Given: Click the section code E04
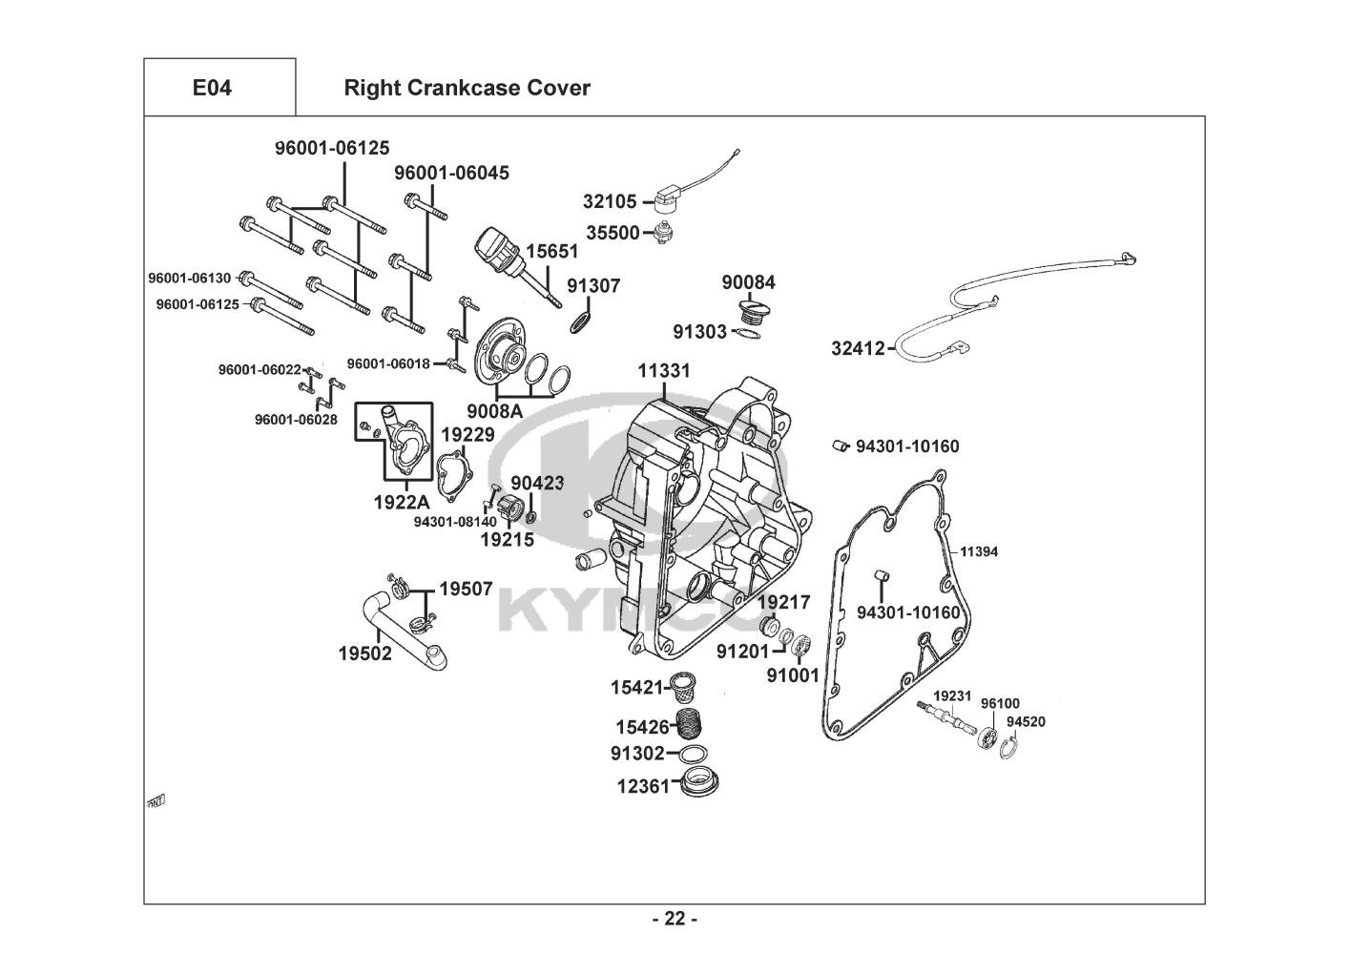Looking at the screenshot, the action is [x=212, y=88].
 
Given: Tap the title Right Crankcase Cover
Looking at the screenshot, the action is [x=467, y=88].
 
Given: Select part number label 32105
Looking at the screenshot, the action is [x=610, y=201].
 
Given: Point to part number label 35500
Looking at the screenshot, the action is [x=613, y=233].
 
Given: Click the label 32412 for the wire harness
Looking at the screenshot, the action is [x=859, y=348].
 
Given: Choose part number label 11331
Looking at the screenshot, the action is [x=664, y=371].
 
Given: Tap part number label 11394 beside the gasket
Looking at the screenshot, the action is [x=979, y=551].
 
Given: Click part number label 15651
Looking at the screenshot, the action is [x=552, y=251].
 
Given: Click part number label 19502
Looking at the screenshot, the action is [x=365, y=653].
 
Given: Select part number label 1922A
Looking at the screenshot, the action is [x=402, y=502].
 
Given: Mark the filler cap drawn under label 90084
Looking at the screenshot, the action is [x=750, y=313].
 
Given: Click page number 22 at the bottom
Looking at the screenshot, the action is [x=675, y=919].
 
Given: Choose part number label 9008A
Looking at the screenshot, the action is [x=495, y=411].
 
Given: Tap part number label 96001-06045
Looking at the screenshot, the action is [x=452, y=173].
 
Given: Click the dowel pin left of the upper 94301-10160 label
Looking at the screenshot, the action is [x=840, y=446].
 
